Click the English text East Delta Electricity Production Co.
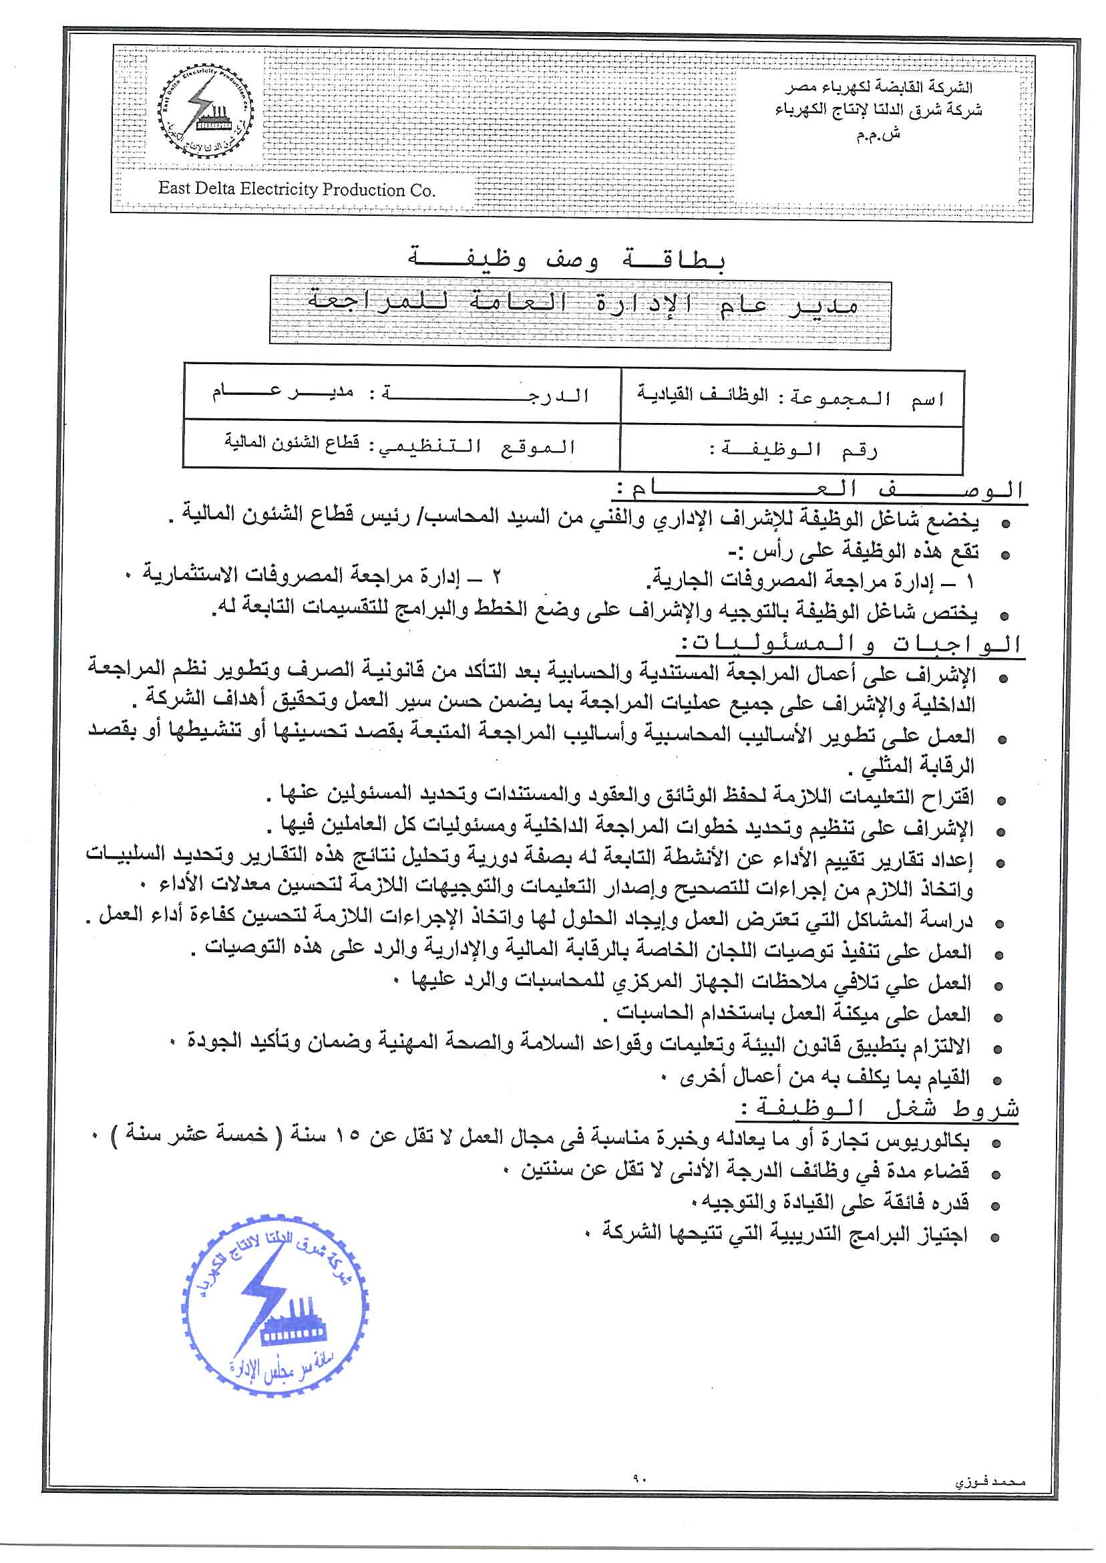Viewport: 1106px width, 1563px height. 297,189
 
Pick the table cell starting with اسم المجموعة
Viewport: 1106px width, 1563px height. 791,397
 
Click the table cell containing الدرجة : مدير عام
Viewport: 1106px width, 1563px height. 401,394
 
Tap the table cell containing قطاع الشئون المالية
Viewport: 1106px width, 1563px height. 401,446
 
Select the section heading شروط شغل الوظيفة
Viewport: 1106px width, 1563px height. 878,1109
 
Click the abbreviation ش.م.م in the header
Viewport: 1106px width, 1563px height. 878,134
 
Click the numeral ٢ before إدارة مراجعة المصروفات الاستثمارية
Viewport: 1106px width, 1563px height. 497,577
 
